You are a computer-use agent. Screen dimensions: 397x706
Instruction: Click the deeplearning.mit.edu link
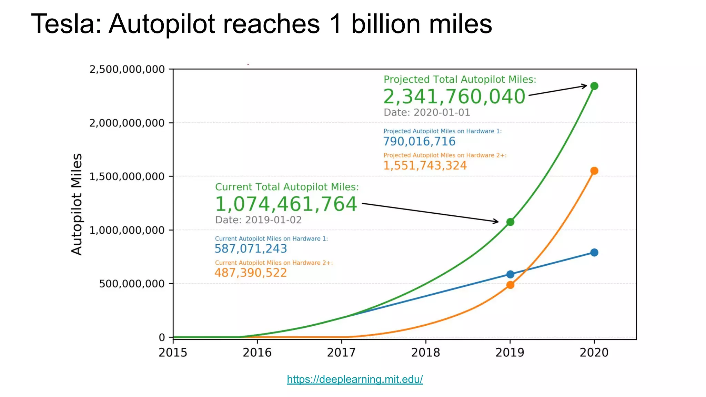(355, 379)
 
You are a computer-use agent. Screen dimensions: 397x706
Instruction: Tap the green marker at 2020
(594, 86)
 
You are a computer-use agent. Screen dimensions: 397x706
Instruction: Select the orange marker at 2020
(594, 171)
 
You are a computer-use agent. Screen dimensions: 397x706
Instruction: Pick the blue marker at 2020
(594, 253)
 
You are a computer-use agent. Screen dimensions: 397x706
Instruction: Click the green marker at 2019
(510, 222)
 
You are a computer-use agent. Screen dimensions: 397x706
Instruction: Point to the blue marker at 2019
(510, 274)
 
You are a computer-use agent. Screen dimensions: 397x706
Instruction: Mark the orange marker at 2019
(510, 285)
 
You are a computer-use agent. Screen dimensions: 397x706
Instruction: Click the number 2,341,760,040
(454, 96)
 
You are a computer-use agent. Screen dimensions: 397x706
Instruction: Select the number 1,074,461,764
(286, 204)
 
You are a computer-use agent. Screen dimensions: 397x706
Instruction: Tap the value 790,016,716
(419, 141)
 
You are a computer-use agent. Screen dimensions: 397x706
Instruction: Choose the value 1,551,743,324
(425, 165)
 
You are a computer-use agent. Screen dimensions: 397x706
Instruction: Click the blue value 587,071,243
(251, 248)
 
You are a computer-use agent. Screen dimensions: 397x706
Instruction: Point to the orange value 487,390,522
(251, 273)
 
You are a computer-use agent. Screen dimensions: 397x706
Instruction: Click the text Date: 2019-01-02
(258, 220)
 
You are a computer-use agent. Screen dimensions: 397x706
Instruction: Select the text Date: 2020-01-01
(427, 112)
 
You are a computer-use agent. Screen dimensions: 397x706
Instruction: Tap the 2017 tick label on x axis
(341, 353)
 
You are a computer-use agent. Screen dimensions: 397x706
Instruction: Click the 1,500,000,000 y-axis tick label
(127, 176)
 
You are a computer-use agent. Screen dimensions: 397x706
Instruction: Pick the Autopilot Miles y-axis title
(77, 204)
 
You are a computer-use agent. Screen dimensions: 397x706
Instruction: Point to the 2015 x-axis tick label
(173, 353)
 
